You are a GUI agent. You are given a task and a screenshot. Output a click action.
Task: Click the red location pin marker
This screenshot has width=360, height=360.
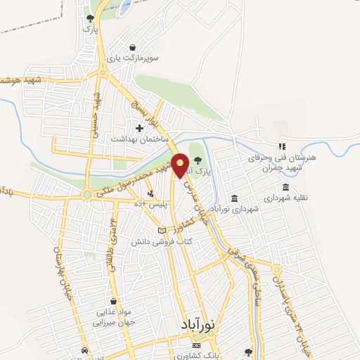pyautogui.click(x=180, y=165)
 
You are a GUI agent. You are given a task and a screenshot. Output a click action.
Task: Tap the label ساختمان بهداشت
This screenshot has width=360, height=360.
pyautogui.click(x=137, y=139)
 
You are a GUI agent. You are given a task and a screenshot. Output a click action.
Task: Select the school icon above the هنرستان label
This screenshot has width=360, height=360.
pyautogui.click(x=281, y=147)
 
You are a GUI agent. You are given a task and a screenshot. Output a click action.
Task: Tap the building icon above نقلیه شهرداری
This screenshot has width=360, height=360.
pyautogui.click(x=285, y=187)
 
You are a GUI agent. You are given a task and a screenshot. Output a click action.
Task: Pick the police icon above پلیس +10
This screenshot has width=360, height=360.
pyautogui.click(x=150, y=193)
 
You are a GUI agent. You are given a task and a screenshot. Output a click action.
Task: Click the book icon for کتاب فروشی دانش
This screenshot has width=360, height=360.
pyautogui.click(x=162, y=231)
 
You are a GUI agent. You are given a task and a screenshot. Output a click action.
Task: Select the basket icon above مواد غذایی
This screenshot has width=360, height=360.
pyautogui.click(x=112, y=300)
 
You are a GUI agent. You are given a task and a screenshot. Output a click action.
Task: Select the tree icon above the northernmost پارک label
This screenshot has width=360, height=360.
pyautogui.click(x=89, y=18)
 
